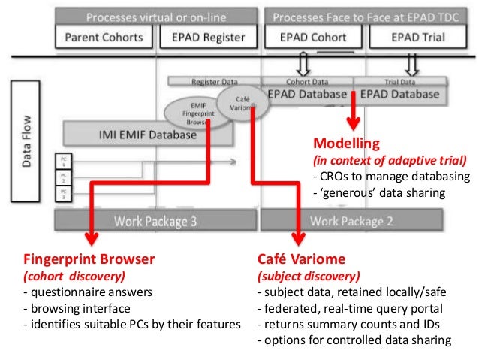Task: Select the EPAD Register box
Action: coord(206,36)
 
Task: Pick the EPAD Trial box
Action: coord(414,36)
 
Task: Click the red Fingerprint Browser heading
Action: coord(89,259)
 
